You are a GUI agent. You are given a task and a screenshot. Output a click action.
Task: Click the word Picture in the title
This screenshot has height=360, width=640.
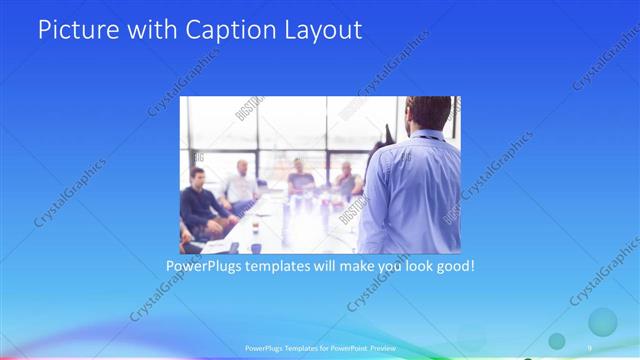tap(81, 30)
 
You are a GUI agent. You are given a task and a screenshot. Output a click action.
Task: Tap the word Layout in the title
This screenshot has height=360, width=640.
tap(321, 30)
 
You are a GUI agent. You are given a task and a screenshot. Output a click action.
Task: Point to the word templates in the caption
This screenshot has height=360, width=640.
tap(284, 267)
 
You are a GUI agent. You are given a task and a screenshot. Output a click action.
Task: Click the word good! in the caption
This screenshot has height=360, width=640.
tap(451, 267)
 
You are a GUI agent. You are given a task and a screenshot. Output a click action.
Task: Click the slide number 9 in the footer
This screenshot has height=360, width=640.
tap(590, 347)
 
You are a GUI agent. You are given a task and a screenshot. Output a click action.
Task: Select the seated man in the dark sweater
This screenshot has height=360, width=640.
tap(200, 200)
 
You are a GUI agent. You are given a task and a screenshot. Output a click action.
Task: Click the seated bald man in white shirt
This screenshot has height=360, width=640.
tap(240, 185)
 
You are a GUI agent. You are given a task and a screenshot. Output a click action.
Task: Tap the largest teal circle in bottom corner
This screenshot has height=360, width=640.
tap(602, 322)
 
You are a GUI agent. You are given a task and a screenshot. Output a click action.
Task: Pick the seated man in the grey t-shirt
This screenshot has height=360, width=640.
tap(301, 180)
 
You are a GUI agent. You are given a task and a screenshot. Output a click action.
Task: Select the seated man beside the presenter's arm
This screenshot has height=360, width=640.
tap(347, 180)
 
